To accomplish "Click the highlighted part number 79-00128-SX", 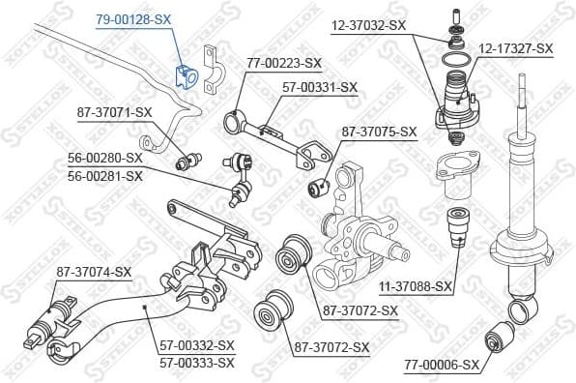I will [x=132, y=18].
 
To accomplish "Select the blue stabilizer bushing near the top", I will [x=187, y=74].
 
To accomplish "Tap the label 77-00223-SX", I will [x=283, y=63].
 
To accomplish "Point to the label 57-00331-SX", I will [x=319, y=87].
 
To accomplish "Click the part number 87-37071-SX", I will [x=114, y=112].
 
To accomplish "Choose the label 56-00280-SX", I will [x=104, y=157].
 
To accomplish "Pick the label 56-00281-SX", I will [x=104, y=175].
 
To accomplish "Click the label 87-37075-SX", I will [x=379, y=132].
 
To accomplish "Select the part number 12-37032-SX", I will [x=367, y=25].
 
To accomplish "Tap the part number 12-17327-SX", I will [x=516, y=47].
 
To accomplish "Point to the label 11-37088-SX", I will [x=416, y=285].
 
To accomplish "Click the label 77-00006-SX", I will [x=441, y=365].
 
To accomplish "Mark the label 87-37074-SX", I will [x=93, y=272].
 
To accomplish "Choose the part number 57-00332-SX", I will [x=197, y=344].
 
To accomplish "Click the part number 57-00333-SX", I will [x=197, y=362].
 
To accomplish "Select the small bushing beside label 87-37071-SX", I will [x=190, y=159].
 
